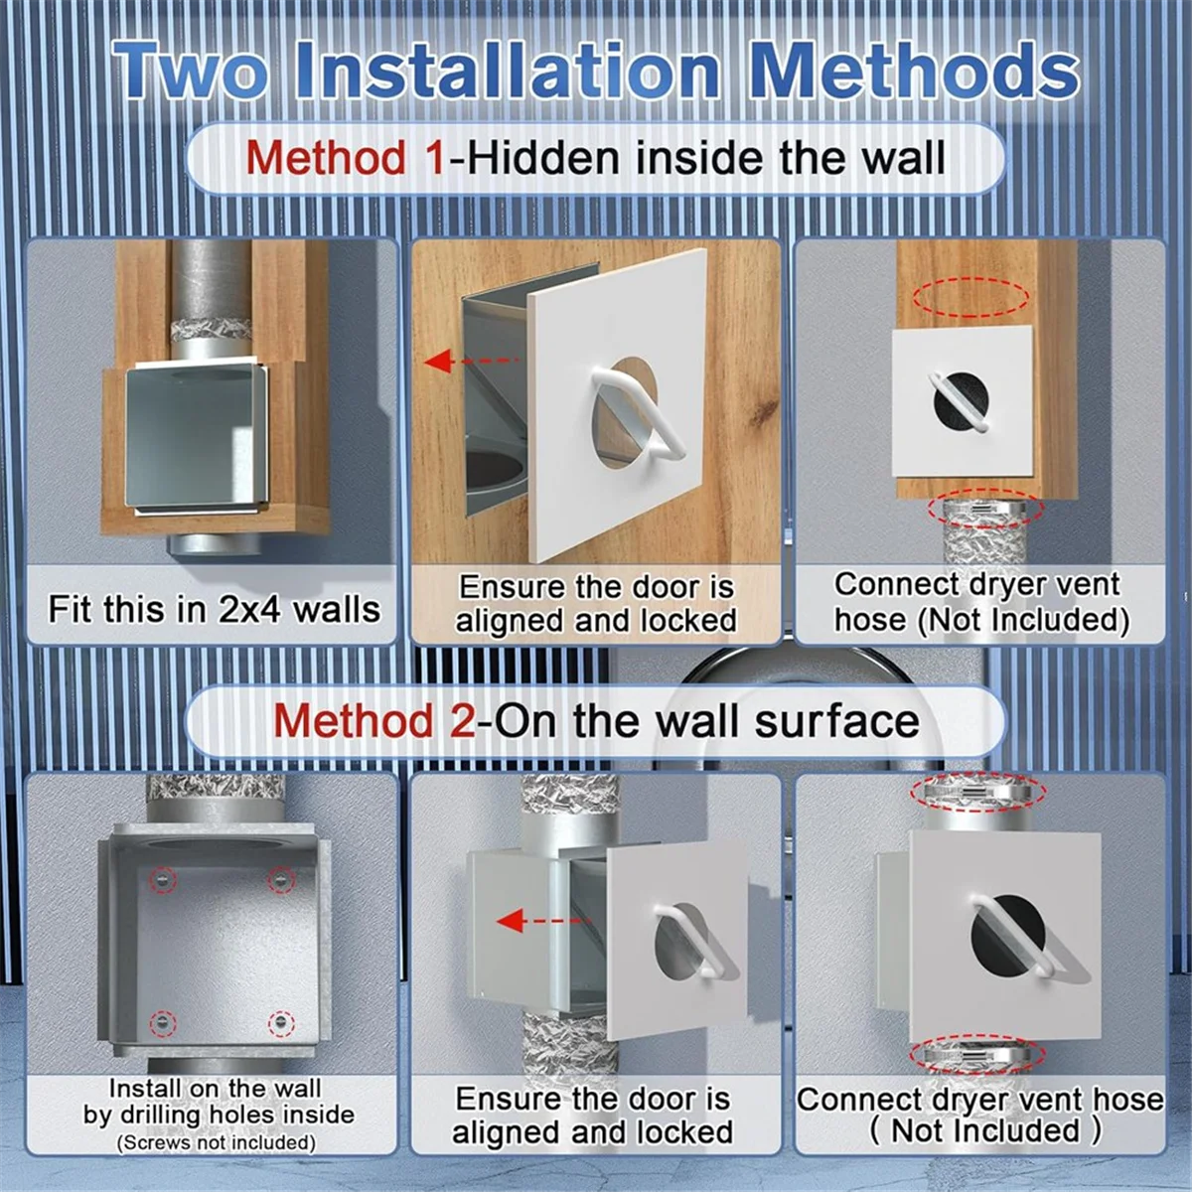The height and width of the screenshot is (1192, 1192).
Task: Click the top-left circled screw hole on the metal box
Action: [159, 880]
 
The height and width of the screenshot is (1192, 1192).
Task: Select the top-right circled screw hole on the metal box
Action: [281, 880]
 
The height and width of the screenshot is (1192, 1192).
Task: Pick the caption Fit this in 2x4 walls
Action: [214, 608]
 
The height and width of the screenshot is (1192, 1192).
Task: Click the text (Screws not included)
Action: [216, 1143]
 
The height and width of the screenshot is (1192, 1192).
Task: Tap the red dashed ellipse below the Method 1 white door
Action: [984, 509]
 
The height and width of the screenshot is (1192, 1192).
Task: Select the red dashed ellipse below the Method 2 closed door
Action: [981, 1054]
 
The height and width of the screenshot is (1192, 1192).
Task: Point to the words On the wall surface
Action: [704, 720]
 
